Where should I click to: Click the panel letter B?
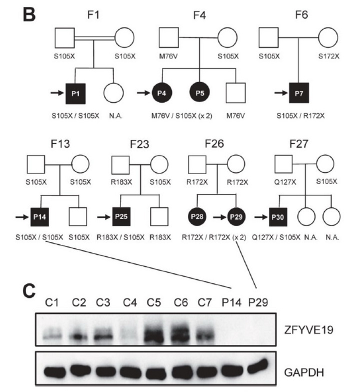coord(30,17)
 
